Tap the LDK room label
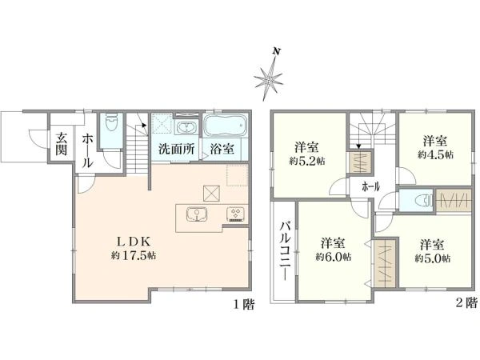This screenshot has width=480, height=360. pyautogui.click(x=133, y=241)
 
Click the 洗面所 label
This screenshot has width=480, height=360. pyautogui.click(x=176, y=148)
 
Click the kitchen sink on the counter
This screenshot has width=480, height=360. pyautogui.click(x=195, y=214)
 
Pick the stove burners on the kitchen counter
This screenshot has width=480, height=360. pyautogui.click(x=237, y=214)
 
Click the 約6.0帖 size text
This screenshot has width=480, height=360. pyautogui.click(x=331, y=257)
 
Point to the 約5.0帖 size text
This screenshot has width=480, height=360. pyautogui.click(x=433, y=258)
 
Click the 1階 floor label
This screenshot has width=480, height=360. pyautogui.click(x=243, y=305)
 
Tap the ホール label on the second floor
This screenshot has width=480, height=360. pyautogui.click(x=370, y=186)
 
